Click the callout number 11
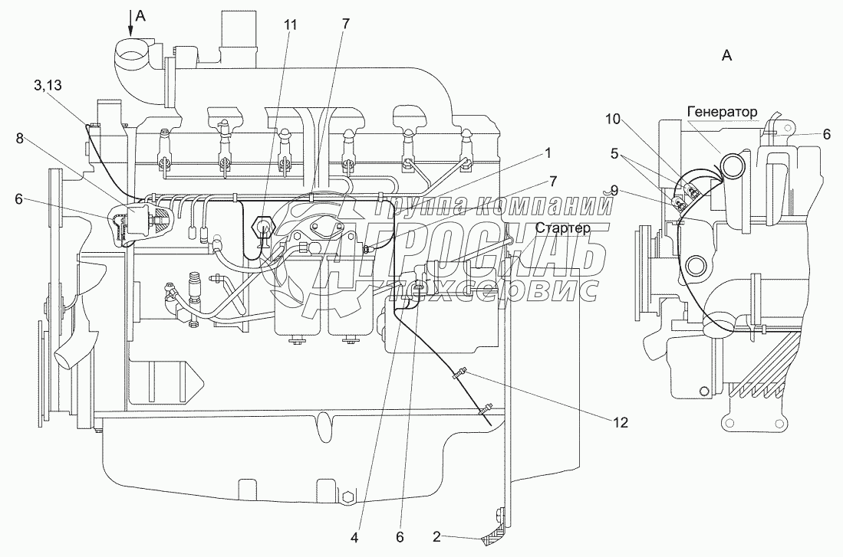coord(290,25)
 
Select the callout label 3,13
coord(48,86)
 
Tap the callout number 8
coord(20,139)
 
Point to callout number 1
coord(548,153)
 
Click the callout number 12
coord(621,423)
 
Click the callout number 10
coord(613,120)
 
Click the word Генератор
coord(722,113)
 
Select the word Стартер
coord(562,228)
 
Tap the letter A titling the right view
coord(726,55)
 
